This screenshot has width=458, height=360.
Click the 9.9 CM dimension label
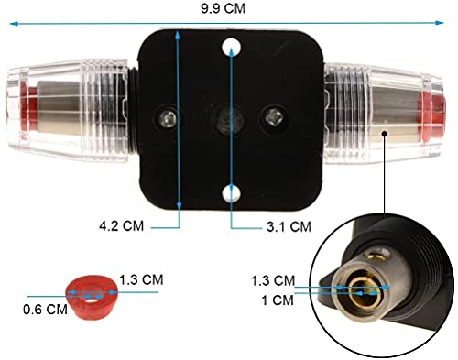224,8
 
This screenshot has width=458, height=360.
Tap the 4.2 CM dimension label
121,226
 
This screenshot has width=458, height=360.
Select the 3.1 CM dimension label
289,226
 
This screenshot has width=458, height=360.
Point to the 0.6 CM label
45,310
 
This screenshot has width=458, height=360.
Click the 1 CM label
278,300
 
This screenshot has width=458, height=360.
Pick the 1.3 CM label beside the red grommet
141,279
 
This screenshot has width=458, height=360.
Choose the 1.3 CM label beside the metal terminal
273,280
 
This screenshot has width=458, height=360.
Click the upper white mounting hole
231,48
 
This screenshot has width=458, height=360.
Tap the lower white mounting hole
231,193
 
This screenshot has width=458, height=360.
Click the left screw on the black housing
167,118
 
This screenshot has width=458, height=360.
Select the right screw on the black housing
273,116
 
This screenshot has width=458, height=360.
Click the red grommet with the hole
91,297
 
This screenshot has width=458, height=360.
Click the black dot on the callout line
385,134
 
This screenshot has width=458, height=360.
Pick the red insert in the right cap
431,117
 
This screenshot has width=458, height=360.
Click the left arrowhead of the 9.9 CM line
13,24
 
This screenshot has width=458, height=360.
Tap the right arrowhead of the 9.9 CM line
440,23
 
